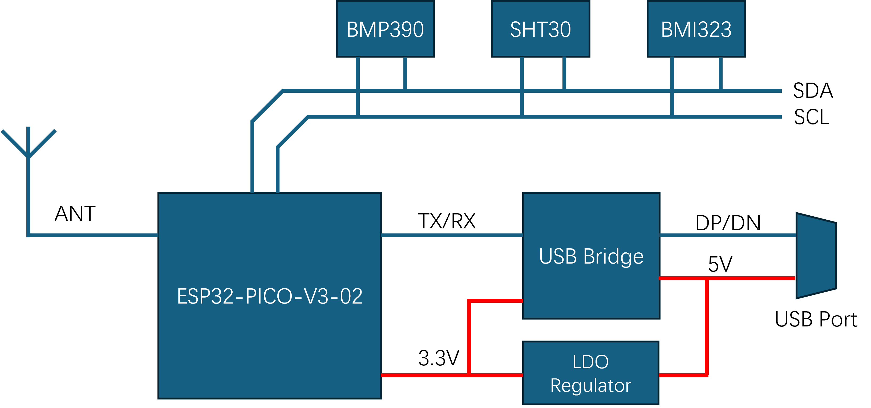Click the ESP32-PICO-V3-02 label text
pos(269,296)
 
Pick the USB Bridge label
pos(591,256)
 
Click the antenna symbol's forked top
pos(29,142)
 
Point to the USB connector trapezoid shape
pos(816,256)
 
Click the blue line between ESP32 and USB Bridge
pos(452,235)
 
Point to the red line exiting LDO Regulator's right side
pos(683,375)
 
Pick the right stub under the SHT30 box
pos(564,73)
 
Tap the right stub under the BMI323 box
pos(720,73)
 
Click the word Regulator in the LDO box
pos(591,386)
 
